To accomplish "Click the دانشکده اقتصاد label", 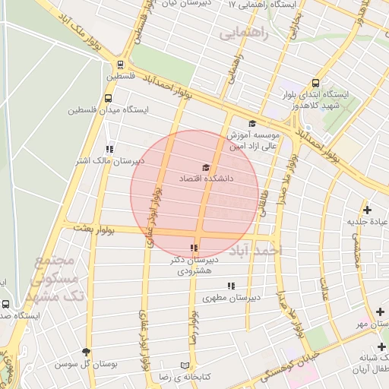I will pyautogui.click(x=204, y=178).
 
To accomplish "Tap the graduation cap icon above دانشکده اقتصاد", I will pyautogui.click(x=205, y=167).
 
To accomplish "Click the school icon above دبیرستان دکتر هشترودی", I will pyautogui.click(x=194, y=248).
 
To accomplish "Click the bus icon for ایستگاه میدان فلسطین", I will pyautogui.click(x=109, y=98).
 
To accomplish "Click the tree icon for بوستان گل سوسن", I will pyautogui.click(x=85, y=353).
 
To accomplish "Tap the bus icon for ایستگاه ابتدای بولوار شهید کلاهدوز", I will pyautogui.click(x=315, y=84).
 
